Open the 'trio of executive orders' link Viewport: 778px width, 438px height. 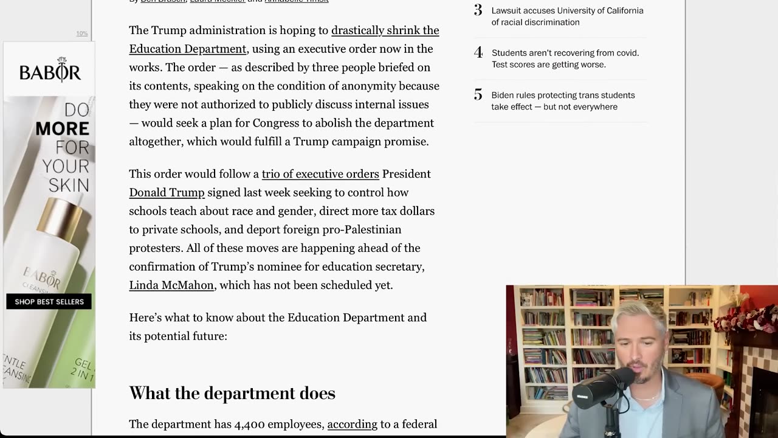point(320,174)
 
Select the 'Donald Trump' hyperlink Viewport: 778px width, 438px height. point(167,193)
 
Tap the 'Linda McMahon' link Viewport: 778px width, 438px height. point(171,285)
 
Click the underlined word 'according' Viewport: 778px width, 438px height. point(352,425)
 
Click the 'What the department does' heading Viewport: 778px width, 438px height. point(232,394)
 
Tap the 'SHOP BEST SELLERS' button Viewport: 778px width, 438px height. point(49,302)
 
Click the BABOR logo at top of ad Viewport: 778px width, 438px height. point(50,72)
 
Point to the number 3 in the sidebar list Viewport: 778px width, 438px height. point(478,10)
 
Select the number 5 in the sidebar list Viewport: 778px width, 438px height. point(478,95)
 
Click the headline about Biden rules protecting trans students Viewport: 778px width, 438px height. point(562,101)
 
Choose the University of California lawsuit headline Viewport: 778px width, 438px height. point(566,16)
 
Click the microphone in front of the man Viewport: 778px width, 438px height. point(599,390)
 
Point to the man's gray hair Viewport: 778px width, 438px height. point(638,312)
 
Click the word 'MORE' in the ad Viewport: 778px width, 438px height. point(62,129)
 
